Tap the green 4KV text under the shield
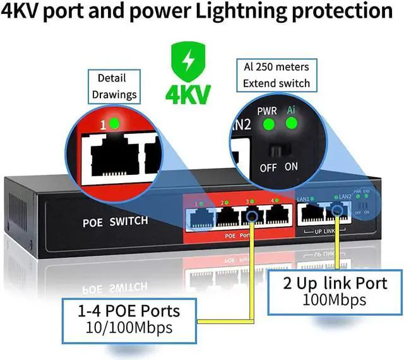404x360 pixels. [187, 94]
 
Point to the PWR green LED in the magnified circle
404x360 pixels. [267, 122]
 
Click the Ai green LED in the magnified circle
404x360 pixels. [290, 122]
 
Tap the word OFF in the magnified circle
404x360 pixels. [268, 167]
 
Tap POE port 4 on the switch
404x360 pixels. [278, 217]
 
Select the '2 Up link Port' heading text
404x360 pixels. [332, 282]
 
